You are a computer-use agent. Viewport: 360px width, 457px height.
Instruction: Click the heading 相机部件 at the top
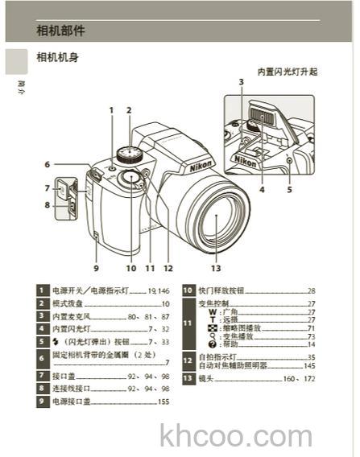tap(60, 31)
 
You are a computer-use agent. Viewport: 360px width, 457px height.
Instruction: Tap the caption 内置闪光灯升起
tap(287, 72)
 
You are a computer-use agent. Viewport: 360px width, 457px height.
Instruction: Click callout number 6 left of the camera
tap(48, 164)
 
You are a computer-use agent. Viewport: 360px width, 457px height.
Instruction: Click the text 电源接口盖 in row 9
tap(71, 401)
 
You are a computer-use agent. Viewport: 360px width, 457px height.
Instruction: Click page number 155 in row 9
tap(163, 401)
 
